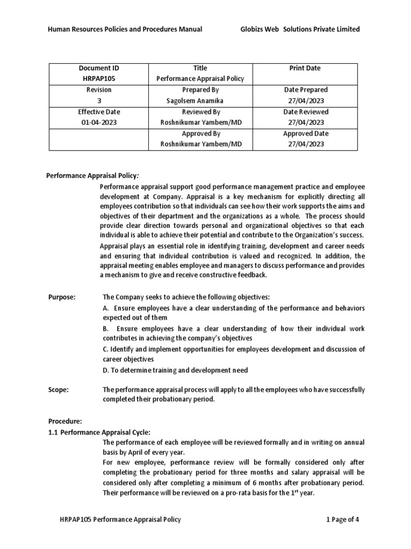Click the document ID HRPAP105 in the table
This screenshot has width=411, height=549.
pos(98,79)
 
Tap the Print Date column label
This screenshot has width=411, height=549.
pos(305,68)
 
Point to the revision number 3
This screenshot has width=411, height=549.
pos(98,101)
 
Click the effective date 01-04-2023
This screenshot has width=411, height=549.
pos(98,123)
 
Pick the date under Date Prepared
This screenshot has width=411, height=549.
pos(305,101)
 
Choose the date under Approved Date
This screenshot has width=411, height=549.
pos(305,144)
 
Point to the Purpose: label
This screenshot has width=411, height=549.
pos(62,297)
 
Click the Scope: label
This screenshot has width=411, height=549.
pos(58,390)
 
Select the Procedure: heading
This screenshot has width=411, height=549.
pos(65,421)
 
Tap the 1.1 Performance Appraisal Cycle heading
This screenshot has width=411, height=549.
pos(100,432)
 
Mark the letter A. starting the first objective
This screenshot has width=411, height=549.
pos(106,308)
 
